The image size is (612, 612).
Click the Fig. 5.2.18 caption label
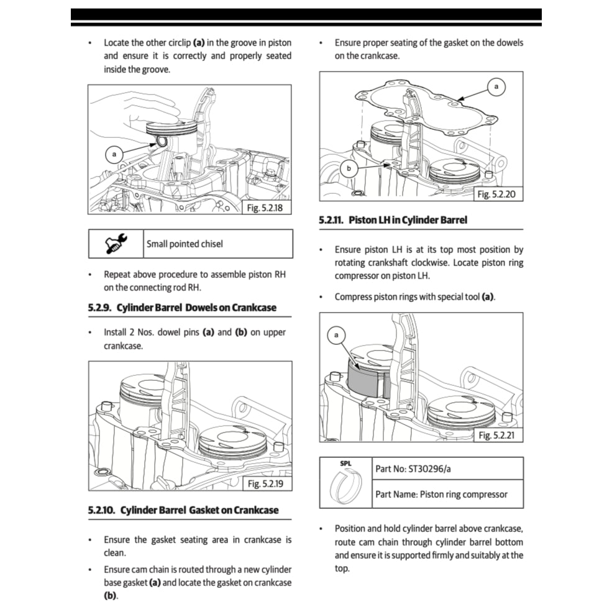(265, 208)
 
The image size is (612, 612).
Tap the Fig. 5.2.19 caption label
(265, 483)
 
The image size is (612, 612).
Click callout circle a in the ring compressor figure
(336, 336)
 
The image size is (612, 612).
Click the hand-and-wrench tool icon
(116, 244)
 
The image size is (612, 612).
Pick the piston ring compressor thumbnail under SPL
(345, 486)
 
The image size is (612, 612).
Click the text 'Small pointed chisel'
(185, 244)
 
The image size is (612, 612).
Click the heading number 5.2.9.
(99, 308)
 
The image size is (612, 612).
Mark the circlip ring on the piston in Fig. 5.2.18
(162, 143)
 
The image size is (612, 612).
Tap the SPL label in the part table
(345, 464)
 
